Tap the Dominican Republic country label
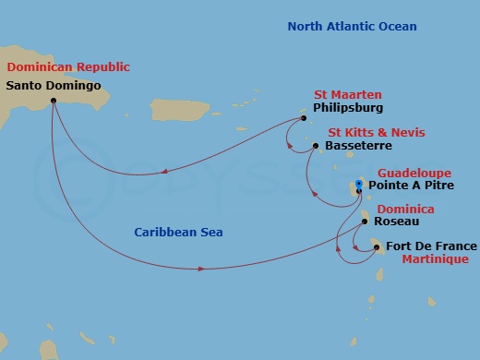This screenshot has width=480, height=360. [68, 67]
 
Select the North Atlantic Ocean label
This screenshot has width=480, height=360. [352, 27]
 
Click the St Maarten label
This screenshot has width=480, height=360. [348, 95]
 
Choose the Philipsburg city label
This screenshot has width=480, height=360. [347, 108]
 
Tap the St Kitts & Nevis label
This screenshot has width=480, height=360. [369, 132]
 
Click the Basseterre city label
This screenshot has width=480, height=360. [359, 146]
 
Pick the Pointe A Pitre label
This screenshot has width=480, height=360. [412, 185]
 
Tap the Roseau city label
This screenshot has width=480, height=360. [399, 222]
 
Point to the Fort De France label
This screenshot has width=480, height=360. [431, 246]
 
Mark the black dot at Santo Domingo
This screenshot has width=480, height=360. [53, 100]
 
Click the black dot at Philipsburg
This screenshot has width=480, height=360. [304, 118]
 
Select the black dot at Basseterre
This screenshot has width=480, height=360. [316, 146]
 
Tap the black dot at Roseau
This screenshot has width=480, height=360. [366, 222]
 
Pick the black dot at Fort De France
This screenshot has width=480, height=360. [377, 246]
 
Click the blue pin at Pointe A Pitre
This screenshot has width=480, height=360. [359, 186]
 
